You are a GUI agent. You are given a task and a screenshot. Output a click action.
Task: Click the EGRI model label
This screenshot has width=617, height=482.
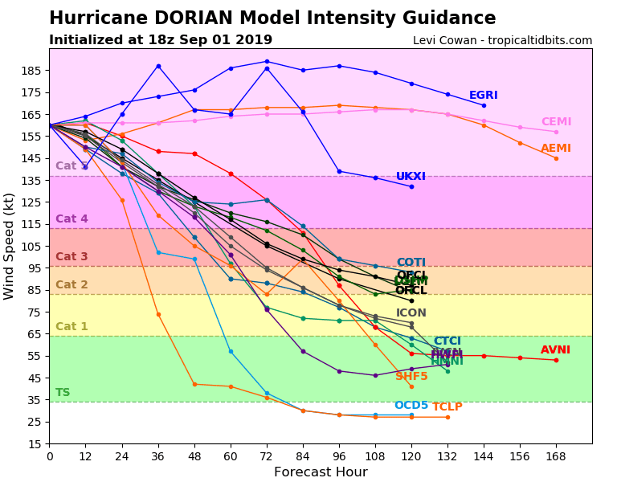483,96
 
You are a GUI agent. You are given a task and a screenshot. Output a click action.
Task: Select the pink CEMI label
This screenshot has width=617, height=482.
556,122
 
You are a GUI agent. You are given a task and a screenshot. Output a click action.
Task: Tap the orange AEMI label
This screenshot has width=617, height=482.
556,149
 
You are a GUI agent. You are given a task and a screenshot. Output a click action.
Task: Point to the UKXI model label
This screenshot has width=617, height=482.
411,177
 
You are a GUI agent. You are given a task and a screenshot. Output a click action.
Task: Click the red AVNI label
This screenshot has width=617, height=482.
555,350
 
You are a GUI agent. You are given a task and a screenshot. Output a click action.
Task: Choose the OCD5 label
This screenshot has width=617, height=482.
411,406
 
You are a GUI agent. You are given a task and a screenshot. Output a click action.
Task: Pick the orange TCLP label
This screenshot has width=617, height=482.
447,407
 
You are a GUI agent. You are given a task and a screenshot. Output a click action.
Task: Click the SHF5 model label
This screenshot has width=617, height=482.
411,377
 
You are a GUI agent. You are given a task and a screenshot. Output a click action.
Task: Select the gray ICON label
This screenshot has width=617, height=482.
411,313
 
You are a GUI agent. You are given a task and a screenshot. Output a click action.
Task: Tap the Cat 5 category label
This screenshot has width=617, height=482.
72,166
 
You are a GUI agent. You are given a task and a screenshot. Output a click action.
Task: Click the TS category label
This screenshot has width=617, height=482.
63,393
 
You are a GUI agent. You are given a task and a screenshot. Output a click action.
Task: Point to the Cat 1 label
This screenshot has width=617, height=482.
72,327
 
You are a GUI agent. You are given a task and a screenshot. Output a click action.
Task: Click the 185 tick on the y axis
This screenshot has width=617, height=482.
33,71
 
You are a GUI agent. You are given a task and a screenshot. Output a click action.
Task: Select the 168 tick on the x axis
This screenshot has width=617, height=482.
556,455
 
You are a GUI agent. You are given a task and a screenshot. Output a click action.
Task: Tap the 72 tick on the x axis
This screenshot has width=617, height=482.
267,455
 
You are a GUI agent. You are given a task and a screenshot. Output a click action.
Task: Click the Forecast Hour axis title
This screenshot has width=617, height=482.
321,472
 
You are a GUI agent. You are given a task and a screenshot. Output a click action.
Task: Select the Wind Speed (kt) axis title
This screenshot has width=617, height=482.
10,246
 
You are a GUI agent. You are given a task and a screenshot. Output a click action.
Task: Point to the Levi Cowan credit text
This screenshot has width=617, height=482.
502,40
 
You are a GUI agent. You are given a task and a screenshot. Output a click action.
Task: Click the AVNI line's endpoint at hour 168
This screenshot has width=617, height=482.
556,360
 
